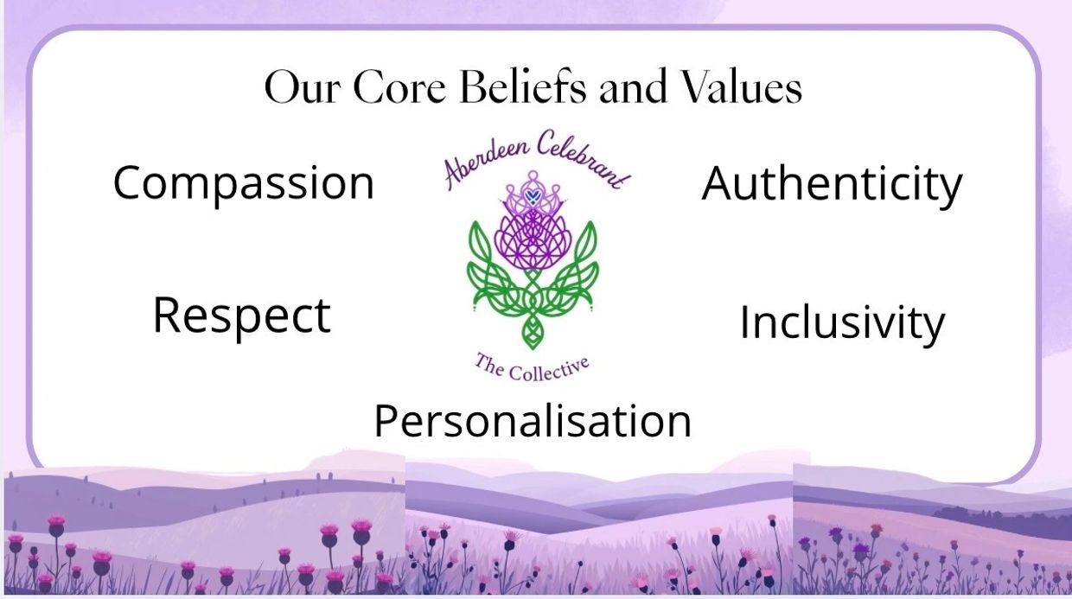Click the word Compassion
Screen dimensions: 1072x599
pyautogui.click(x=244, y=184)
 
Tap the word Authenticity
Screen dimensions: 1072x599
pyautogui.click(x=832, y=184)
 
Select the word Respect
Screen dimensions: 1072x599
pyautogui.click(x=242, y=315)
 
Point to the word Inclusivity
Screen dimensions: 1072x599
pyautogui.click(x=842, y=322)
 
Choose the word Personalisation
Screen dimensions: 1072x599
pyautogui.click(x=533, y=421)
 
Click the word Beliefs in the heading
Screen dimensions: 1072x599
pyautogui.click(x=522, y=87)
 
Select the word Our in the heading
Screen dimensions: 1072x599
pyautogui.click(x=303, y=88)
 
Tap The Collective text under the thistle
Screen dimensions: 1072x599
pyautogui.click(x=532, y=367)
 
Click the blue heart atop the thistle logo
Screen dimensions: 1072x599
pyautogui.click(x=532, y=196)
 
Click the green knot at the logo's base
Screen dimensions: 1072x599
pyautogui.click(x=532, y=330)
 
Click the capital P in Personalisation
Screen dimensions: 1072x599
pyautogui.click(x=386, y=421)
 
